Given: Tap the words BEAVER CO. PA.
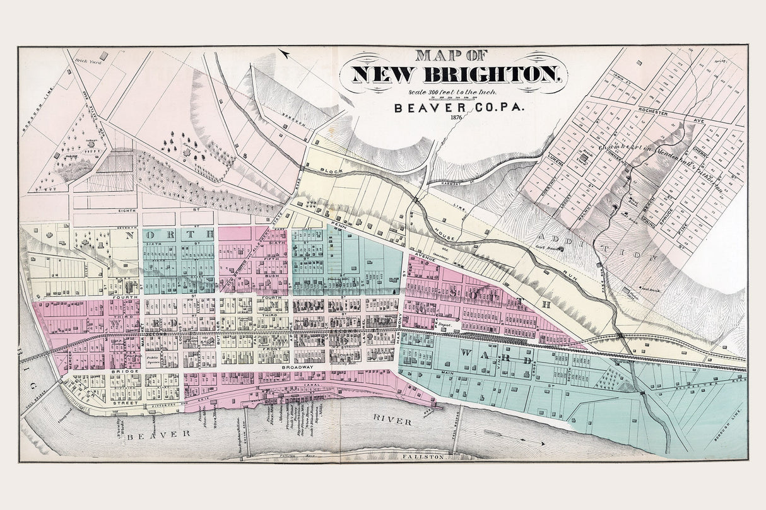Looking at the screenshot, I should (x=452, y=107).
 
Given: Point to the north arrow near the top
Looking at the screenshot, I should (x=285, y=54).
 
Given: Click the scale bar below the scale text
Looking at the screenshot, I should (x=452, y=96).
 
